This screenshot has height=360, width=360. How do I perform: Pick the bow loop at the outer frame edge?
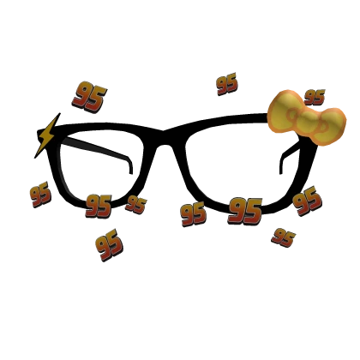point(329,126)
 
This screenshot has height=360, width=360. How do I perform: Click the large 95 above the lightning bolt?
point(89,97)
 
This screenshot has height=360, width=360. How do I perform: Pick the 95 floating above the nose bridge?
point(227,84)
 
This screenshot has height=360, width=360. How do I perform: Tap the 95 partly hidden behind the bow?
point(315,97)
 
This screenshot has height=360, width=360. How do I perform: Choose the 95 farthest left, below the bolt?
point(40,195)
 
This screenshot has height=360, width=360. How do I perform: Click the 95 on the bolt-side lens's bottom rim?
point(99,206)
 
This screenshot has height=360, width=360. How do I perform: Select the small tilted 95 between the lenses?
point(136,204)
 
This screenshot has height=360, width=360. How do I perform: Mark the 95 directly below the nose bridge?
point(194,214)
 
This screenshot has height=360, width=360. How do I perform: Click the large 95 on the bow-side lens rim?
point(245,211)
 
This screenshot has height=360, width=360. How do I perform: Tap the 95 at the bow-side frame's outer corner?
point(308,201)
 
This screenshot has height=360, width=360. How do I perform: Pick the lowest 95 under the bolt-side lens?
point(110,245)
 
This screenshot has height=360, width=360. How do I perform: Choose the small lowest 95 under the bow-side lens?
point(283,237)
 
